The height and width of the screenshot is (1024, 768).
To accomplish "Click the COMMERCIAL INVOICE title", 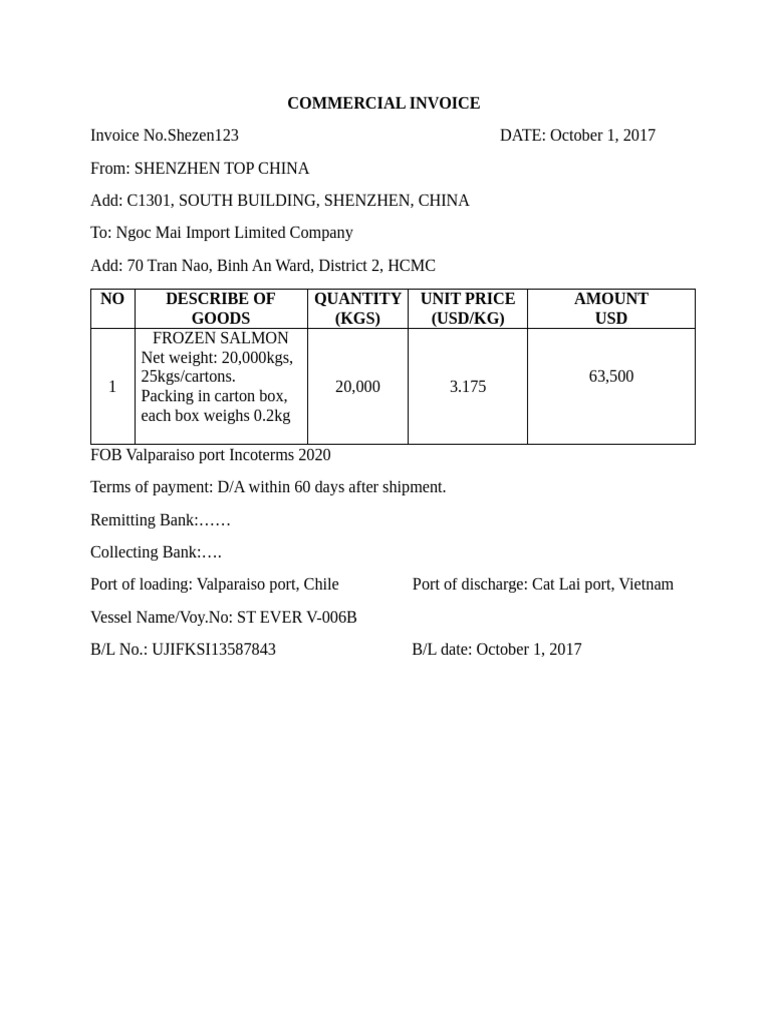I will (383, 103).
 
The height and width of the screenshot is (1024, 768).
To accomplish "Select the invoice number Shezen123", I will (203, 135).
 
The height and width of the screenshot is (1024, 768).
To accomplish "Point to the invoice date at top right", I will (603, 135).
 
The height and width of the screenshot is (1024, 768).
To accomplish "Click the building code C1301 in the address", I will (148, 200).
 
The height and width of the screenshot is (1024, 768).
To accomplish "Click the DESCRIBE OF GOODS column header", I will (220, 308).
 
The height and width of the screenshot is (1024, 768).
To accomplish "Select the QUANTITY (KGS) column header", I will (357, 308).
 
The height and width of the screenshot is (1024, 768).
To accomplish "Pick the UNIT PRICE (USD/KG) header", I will (467, 308).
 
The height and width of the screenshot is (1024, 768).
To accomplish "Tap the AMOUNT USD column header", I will (610, 308).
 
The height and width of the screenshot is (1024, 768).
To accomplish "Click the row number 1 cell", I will (112, 386).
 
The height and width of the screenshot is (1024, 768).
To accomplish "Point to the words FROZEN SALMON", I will (220, 339).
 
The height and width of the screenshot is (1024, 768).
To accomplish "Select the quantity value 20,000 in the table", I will (357, 386).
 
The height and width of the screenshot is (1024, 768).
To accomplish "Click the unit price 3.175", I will (467, 386).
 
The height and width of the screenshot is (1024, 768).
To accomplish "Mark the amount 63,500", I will (610, 376).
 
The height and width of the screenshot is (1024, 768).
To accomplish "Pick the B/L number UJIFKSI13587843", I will (213, 649).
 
